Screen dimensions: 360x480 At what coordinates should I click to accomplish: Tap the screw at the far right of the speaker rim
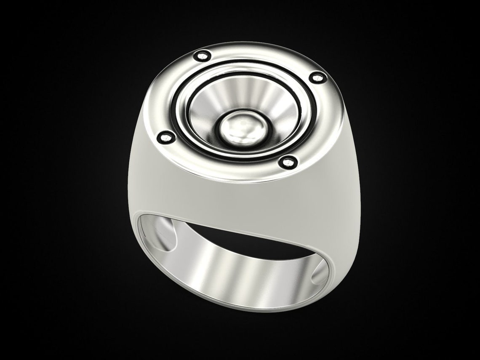(x=317, y=77)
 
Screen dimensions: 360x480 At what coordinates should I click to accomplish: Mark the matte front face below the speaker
(x=236, y=198)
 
